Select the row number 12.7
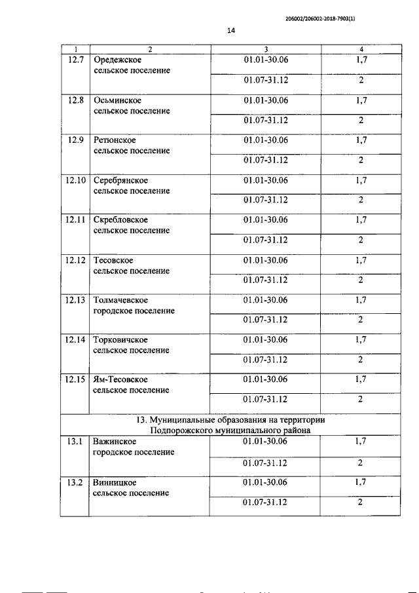click(x=76, y=60)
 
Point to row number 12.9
click(x=76, y=140)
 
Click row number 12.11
click(x=76, y=220)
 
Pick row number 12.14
click(x=76, y=340)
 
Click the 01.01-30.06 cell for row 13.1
click(x=265, y=442)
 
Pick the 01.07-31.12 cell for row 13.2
click(x=265, y=502)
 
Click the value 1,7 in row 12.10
click(x=361, y=180)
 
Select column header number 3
click(x=266, y=49)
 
